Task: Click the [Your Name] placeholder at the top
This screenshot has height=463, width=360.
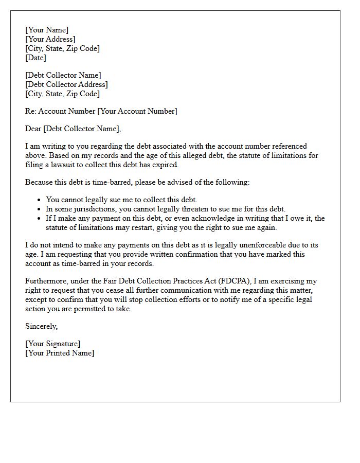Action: (x=47, y=30)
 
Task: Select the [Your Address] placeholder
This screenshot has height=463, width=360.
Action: (x=50, y=39)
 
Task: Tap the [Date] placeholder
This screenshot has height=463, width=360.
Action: (x=35, y=58)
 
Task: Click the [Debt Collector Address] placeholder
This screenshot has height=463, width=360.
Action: (x=66, y=84)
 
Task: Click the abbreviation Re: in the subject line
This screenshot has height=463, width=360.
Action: (x=31, y=111)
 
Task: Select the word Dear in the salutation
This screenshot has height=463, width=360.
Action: (x=33, y=129)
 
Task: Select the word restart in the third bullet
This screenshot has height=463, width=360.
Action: (x=131, y=227)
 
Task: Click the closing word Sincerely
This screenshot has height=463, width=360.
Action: (x=41, y=326)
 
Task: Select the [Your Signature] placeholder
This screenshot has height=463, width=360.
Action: (x=52, y=344)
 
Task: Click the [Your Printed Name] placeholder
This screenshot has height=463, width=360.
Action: (x=60, y=353)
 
